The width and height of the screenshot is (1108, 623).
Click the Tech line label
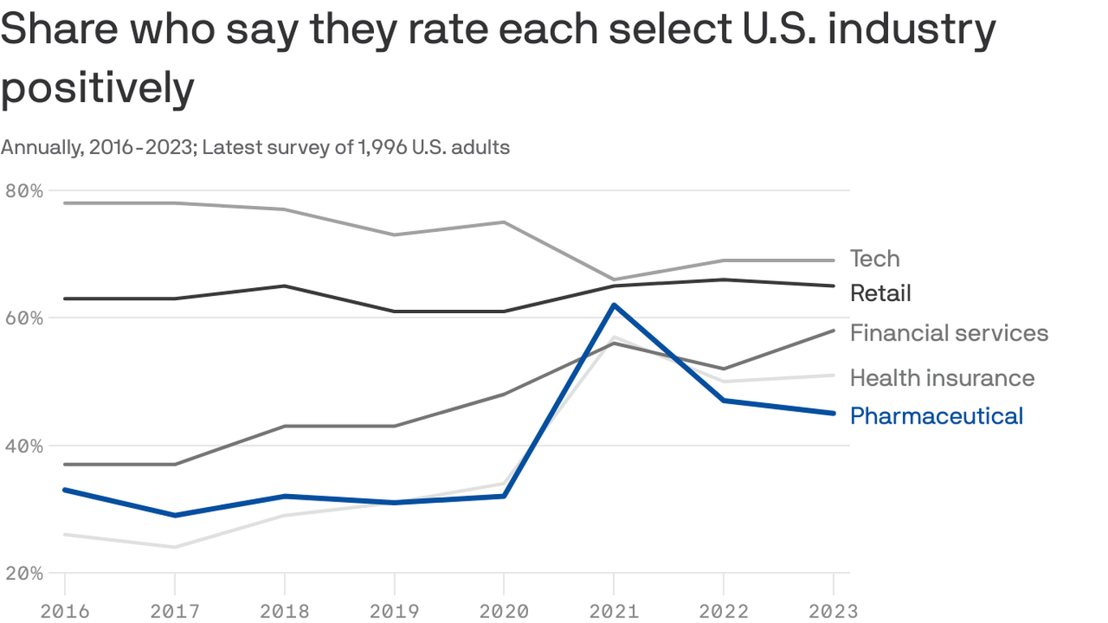pyautogui.click(x=874, y=259)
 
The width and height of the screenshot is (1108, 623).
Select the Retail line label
pyautogui.click(x=880, y=293)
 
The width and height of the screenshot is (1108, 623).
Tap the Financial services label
pyautogui.click(x=949, y=333)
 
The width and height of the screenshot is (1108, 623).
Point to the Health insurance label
pyautogui.click(x=942, y=377)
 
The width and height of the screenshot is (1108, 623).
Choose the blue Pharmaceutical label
pyautogui.click(x=936, y=416)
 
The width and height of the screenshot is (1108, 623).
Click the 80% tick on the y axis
pyautogui.click(x=24, y=191)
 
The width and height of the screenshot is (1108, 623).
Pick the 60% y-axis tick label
pyautogui.click(x=24, y=318)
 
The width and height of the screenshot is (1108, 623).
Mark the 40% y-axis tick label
pyautogui.click(x=24, y=445)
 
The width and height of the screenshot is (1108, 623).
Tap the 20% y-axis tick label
pyautogui.click(x=24, y=573)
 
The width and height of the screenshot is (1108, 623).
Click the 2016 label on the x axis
pyautogui.click(x=64, y=609)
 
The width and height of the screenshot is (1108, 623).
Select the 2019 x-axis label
pyautogui.click(x=394, y=609)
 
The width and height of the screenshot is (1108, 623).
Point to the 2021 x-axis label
pyautogui.click(x=613, y=609)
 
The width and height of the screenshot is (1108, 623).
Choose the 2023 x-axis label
pyautogui.click(x=832, y=609)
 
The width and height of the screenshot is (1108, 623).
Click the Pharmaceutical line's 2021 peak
pyautogui.click(x=613, y=305)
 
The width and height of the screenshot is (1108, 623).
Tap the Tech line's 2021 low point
pyautogui.click(x=613, y=279)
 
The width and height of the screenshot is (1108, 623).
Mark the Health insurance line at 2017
pyautogui.click(x=174, y=547)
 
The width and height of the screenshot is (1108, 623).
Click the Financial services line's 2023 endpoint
pyautogui.click(x=833, y=330)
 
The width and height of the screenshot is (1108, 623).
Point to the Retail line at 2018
pyautogui.click(x=284, y=286)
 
